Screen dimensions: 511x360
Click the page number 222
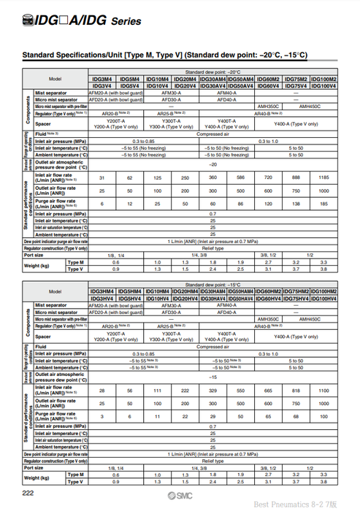tap(28, 494)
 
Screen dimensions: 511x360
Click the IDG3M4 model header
tap(102, 79)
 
